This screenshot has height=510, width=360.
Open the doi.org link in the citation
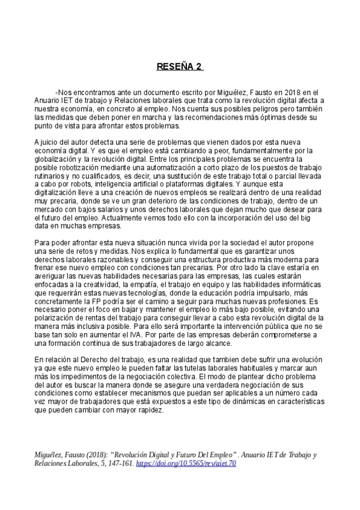coord(186,464)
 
